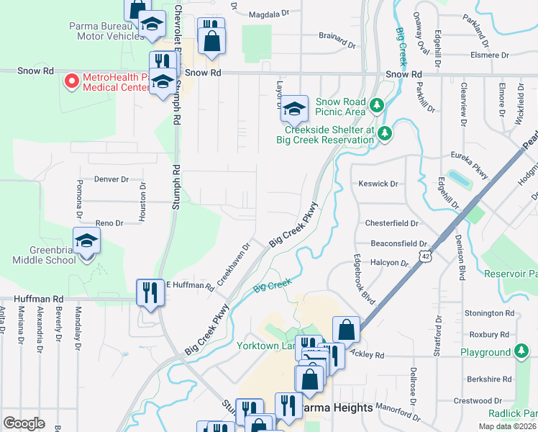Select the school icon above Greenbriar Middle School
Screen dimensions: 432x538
(x=86, y=240)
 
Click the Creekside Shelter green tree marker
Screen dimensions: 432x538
(x=386, y=132)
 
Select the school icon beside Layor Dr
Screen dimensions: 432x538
(x=294, y=109)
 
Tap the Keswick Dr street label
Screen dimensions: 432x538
(x=378, y=184)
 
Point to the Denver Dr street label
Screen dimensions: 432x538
(x=111, y=179)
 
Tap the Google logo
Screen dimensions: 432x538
(x=24, y=423)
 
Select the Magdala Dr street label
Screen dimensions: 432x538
(x=268, y=14)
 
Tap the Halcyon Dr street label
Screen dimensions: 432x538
(x=388, y=264)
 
